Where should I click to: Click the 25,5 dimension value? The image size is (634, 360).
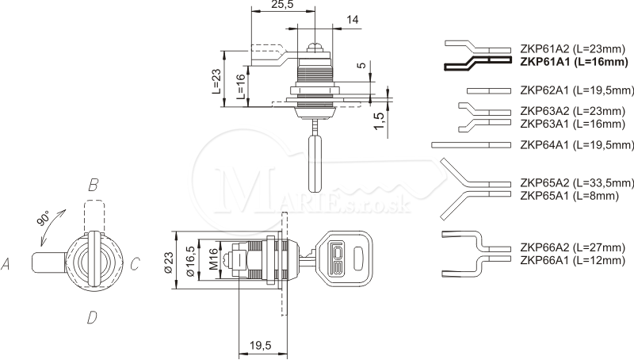282,5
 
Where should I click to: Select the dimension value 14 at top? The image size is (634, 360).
352,19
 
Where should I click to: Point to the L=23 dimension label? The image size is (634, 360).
216,81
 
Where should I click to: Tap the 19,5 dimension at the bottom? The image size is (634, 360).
261,346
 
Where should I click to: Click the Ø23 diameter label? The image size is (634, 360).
168,262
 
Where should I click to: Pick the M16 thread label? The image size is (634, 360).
213,259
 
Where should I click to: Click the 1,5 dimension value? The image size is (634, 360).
379,121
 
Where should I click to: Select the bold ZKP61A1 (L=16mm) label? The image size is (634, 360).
574,62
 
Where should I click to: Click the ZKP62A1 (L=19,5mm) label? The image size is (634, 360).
577,90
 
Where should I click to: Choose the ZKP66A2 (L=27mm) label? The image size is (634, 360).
572,247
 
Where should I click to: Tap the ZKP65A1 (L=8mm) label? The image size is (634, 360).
569,196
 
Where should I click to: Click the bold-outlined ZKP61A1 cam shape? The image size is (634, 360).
478,63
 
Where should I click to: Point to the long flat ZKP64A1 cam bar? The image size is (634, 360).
471,145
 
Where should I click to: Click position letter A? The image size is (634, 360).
6,265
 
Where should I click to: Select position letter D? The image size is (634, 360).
92,317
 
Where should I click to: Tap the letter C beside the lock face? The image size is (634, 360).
135,265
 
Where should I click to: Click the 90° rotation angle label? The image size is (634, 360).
43,218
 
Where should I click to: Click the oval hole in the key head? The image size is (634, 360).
358,259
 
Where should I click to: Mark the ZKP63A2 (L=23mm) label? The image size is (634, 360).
572,111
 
